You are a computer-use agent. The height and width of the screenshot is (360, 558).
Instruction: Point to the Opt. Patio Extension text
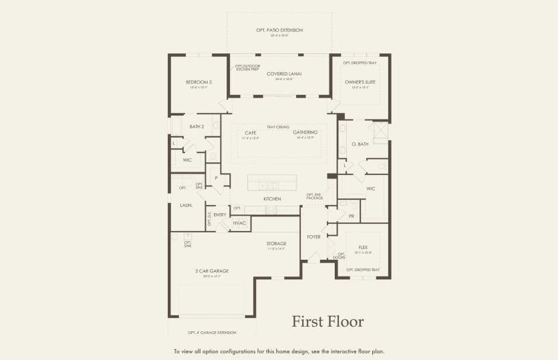[x=279, y=30]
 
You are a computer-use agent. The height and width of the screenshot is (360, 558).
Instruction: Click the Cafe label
[x=251, y=132]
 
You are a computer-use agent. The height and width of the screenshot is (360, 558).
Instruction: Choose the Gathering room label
[x=305, y=132]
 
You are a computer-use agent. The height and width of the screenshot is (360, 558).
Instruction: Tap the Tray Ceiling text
[x=278, y=126]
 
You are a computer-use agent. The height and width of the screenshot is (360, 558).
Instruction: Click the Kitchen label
[x=272, y=199]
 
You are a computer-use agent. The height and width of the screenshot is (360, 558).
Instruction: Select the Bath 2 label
[x=196, y=126]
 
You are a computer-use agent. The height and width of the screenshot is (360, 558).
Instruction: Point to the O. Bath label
[x=360, y=144]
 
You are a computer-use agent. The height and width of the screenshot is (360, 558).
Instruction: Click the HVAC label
[x=240, y=222]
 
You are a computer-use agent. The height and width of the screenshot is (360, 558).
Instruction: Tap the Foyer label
[x=313, y=237]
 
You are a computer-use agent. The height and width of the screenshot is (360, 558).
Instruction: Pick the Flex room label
[x=364, y=247]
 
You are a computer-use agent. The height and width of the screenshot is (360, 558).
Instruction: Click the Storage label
[x=276, y=243]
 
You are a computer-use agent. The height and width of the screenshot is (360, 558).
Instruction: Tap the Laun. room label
[x=186, y=205]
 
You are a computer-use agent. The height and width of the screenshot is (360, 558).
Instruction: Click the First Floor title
[x=327, y=321]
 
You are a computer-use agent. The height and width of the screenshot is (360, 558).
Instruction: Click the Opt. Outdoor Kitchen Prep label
[x=247, y=67]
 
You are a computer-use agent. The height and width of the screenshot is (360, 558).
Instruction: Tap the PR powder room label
[x=351, y=216]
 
